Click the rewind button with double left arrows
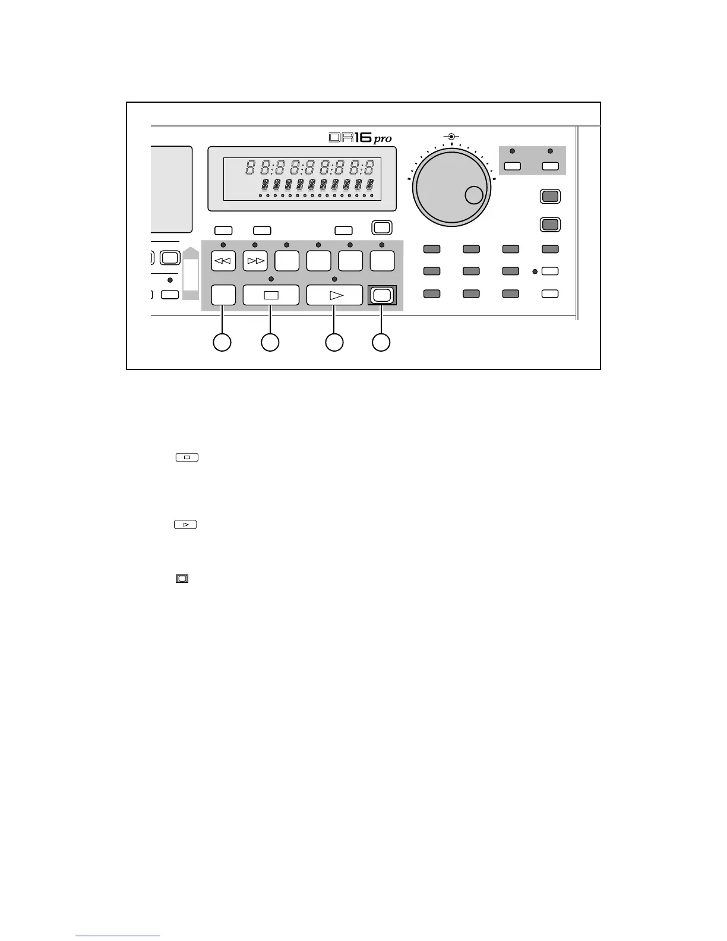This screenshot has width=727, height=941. tap(224, 261)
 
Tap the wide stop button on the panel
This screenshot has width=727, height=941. tap(271, 295)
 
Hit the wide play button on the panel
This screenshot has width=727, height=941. tap(334, 295)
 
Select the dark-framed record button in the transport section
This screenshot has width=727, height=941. tap(381, 295)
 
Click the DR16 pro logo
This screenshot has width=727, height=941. tap(360, 138)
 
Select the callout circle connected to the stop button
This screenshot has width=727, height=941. tap(270, 342)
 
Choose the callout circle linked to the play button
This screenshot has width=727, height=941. tap(334, 342)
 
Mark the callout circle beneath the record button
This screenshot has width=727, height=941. tap(381, 342)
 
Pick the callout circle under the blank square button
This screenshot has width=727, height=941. tap(222, 342)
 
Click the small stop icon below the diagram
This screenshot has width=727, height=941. tap(187, 457)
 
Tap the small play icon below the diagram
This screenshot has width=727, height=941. tap(186, 525)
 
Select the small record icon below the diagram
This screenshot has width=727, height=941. tap(182, 578)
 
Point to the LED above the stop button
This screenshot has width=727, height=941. tap(271, 279)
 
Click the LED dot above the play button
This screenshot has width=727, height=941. tap(334, 279)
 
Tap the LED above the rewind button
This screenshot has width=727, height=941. tap(223, 245)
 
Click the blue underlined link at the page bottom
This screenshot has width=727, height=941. tap(118, 936)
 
